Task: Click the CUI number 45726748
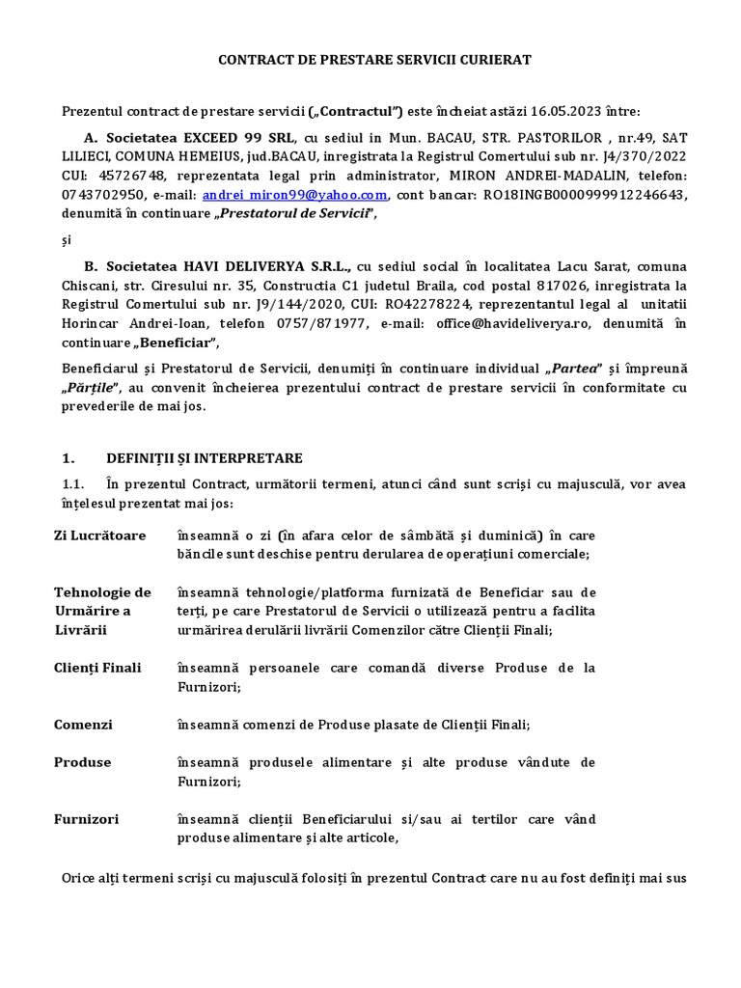coord(128,175)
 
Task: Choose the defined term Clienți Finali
coord(97,668)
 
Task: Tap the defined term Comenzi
coord(83,725)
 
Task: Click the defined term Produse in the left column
coord(82,762)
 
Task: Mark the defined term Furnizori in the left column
coord(86,819)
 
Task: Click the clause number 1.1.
coord(72,483)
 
